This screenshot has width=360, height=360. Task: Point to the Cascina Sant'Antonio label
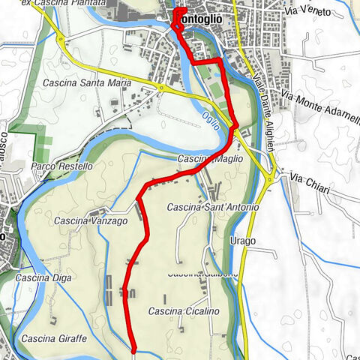pyautogui.click(x=213, y=207)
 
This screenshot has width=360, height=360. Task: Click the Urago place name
pyautogui.click(x=244, y=241)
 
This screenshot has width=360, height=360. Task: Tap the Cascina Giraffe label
pyautogui.click(x=54, y=339)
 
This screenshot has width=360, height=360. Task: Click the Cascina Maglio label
pyautogui.click(x=202, y=159)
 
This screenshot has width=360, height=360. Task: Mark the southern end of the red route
pyautogui.click(x=133, y=349)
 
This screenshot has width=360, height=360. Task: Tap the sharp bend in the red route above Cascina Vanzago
pyautogui.click(x=139, y=199)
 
